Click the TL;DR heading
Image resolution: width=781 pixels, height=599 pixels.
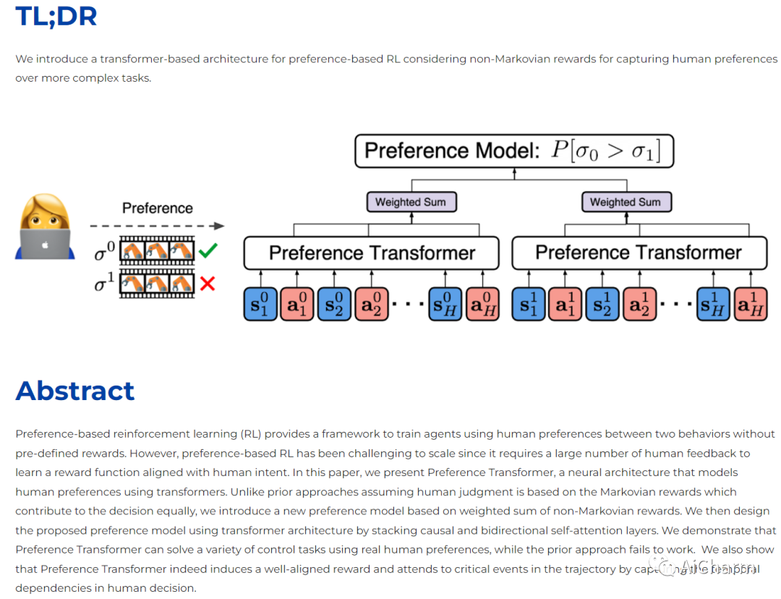[x=56, y=16]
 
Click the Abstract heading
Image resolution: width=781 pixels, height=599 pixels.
[x=74, y=391]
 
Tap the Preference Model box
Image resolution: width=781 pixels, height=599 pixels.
[x=513, y=151]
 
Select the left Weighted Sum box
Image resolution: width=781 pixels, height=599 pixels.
[x=410, y=202]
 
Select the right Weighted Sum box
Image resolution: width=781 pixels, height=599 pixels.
[x=625, y=202]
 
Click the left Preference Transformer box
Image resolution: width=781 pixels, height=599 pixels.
[x=372, y=253]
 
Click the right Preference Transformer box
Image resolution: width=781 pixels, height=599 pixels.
[x=639, y=253]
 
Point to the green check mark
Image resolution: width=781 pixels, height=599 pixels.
[x=208, y=251]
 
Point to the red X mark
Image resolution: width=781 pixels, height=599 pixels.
[x=207, y=284]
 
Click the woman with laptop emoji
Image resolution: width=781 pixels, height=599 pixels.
[x=45, y=227]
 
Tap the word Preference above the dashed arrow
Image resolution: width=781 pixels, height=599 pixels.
[x=157, y=208]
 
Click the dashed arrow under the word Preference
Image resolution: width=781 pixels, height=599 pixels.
[x=157, y=226]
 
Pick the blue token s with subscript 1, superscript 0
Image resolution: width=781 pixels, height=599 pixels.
[x=260, y=304]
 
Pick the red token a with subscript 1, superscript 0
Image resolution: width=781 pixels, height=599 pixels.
[x=296, y=304]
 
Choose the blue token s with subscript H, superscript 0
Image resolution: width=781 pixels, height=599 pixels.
[x=445, y=304]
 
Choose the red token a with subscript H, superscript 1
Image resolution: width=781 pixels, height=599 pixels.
[x=750, y=304]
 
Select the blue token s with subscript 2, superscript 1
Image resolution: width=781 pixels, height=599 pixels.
[x=603, y=304]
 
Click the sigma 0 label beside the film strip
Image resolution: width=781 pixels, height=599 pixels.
[x=105, y=251]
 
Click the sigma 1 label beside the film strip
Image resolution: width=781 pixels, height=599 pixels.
[x=105, y=284]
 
